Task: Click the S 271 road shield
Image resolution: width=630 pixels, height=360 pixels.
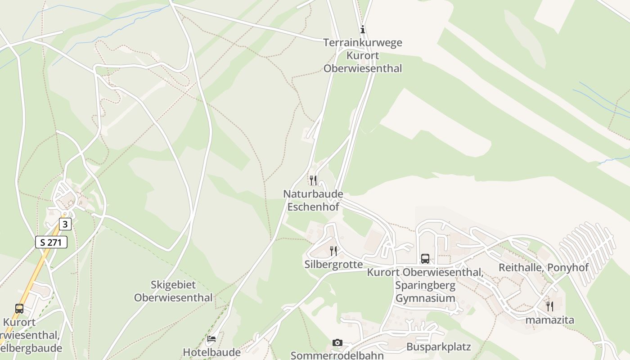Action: pyautogui.click(x=51, y=242)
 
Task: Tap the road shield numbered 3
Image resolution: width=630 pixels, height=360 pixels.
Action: pyautogui.click(x=65, y=224)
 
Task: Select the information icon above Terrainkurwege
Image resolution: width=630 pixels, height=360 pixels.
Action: pyautogui.click(x=362, y=30)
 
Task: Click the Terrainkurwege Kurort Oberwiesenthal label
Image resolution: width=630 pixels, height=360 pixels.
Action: pyautogui.click(x=363, y=56)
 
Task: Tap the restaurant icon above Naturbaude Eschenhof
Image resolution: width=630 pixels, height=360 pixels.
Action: pyautogui.click(x=313, y=180)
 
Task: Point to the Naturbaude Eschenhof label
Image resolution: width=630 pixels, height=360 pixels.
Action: pyautogui.click(x=313, y=200)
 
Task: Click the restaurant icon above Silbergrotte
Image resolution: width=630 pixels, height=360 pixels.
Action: pyautogui.click(x=333, y=251)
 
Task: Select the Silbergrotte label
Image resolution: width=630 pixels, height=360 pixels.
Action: pyautogui.click(x=333, y=264)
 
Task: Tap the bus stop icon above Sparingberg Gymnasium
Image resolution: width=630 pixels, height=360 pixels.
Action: pyautogui.click(x=425, y=259)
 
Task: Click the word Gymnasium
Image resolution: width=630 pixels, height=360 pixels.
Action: pyautogui.click(x=425, y=298)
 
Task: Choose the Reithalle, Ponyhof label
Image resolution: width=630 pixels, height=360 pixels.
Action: pyautogui.click(x=544, y=268)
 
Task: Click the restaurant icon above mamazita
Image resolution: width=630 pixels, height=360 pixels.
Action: pyautogui.click(x=550, y=306)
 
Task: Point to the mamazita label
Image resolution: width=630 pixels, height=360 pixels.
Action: pyautogui.click(x=550, y=320)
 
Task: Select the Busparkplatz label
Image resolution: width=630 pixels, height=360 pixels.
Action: pyautogui.click(x=438, y=347)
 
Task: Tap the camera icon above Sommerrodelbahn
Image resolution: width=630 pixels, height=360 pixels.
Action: pyautogui.click(x=337, y=343)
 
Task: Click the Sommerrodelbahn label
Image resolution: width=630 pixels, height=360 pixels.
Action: pyautogui.click(x=337, y=355)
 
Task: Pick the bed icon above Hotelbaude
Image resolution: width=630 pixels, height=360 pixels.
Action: pyautogui.click(x=211, y=338)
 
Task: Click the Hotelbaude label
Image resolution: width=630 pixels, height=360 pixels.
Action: pyautogui.click(x=211, y=352)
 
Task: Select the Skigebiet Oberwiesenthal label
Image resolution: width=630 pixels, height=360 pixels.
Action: pyautogui.click(x=173, y=291)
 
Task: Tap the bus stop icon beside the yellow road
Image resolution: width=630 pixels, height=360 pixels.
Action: pyautogui.click(x=19, y=309)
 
